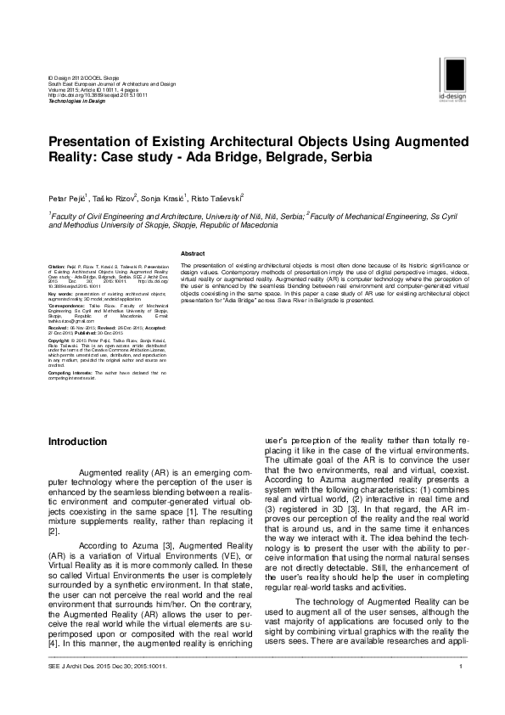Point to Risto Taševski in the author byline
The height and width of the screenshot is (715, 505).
point(218,197)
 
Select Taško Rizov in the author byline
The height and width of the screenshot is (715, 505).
point(114,197)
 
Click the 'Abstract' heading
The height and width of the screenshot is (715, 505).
point(194,253)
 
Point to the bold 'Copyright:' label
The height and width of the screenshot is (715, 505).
point(59,340)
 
